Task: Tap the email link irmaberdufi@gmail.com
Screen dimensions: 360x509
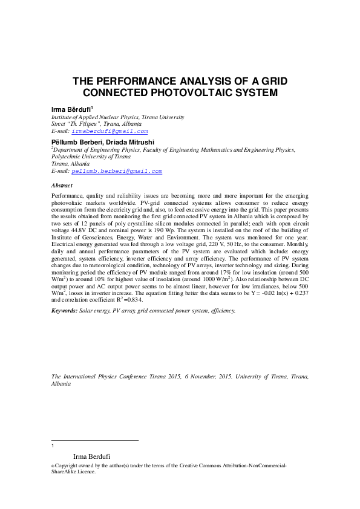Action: coord(110,131)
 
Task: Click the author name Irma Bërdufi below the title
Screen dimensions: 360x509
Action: coord(71,108)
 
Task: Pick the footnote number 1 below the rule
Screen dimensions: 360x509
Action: coord(53,446)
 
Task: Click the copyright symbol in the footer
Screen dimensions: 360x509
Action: coord(53,466)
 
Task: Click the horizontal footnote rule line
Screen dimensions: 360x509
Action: coord(95,440)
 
